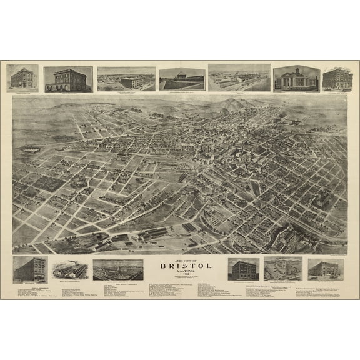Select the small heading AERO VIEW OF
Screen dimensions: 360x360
coord(179,259)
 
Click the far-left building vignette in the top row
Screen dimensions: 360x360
coord(22,78)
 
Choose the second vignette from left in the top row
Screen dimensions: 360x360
coord(68,79)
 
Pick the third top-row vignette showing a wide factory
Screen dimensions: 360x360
coord(126,79)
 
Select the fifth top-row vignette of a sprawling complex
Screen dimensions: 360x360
coord(239,77)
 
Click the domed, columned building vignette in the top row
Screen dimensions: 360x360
coord(296,79)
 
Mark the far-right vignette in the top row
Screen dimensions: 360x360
coord(337,79)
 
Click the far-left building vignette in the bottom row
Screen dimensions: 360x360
coord(29,269)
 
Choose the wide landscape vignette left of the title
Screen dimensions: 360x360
coord(117,269)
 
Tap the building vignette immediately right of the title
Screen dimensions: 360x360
coord(243,269)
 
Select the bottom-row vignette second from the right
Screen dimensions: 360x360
coord(282,268)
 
